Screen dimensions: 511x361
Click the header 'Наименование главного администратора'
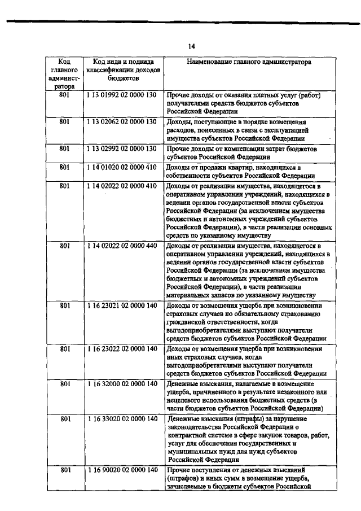pos(248,62)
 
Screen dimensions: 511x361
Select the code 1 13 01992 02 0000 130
pos(121,96)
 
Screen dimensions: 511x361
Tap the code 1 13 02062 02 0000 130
pos(121,122)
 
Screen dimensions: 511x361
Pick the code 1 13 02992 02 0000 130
pos(121,149)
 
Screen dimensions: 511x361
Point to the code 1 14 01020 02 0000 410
pos(121,167)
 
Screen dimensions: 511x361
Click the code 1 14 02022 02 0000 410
pos(121,185)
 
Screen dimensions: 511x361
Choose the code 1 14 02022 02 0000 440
pos(121,246)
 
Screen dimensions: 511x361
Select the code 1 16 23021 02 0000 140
pos(121,306)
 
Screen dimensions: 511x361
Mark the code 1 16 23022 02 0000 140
pos(121,349)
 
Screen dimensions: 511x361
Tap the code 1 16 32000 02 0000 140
pos(121,384)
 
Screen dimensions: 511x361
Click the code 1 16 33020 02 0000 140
pos(121,419)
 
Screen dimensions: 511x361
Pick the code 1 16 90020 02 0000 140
pos(121,471)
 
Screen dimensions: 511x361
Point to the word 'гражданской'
pos(188,324)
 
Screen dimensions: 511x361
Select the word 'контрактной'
pos(188,436)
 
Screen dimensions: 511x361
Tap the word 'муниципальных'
pos(193,454)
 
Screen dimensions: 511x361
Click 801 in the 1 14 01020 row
pos(64,167)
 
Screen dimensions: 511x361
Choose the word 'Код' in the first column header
pos(64,61)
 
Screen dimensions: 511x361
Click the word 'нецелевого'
pos(186,401)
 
